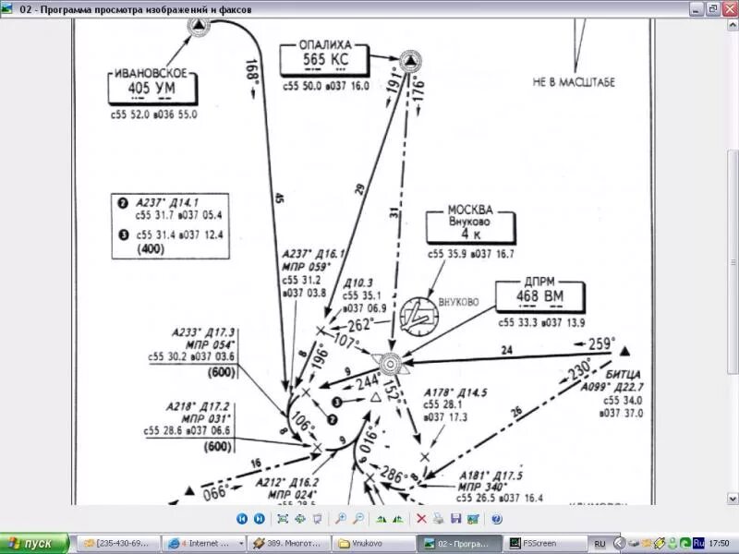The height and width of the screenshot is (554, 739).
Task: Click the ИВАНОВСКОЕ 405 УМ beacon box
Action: coord(152,89)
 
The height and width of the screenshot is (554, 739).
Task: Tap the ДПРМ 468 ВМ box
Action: coord(540,296)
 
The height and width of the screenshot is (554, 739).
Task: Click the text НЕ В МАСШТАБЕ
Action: coord(573,81)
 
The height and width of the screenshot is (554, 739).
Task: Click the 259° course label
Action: coord(601,343)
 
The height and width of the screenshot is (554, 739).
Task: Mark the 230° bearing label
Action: coord(579,368)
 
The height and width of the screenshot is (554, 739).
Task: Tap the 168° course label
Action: coord(252,73)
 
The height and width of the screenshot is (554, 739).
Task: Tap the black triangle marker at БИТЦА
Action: coord(624,351)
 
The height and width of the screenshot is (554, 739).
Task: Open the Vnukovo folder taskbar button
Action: coord(374,543)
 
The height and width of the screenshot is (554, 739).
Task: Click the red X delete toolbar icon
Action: coord(421,519)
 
